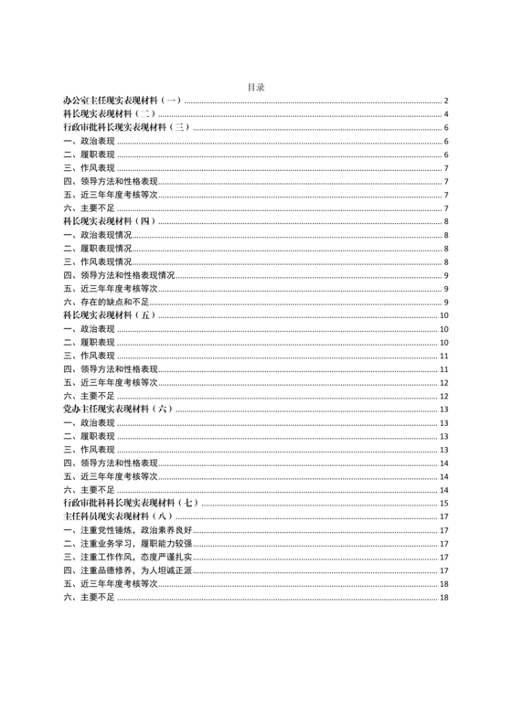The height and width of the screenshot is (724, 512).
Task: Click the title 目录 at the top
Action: pos(256,88)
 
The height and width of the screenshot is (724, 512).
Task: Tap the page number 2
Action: pos(445,101)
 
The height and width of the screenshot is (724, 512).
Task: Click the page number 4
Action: pos(445,114)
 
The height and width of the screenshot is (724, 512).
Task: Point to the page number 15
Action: pos(443,503)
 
